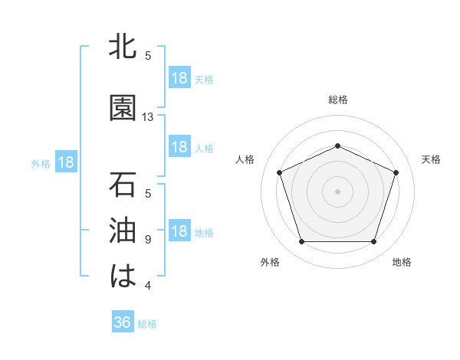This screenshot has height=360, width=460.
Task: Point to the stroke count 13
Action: click(x=148, y=117)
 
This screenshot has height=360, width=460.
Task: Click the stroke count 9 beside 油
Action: click(x=148, y=240)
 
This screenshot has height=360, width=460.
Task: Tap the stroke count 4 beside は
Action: click(x=148, y=286)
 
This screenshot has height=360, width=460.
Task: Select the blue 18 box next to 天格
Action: click(x=179, y=79)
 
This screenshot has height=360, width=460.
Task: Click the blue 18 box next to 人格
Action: click(x=179, y=147)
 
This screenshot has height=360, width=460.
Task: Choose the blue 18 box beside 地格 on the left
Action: click(x=179, y=232)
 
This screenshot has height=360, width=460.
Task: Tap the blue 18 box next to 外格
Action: click(x=65, y=163)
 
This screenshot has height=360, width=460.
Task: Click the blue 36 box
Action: click(x=123, y=322)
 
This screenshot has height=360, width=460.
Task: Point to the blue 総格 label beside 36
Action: click(x=147, y=324)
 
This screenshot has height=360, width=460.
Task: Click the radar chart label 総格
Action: click(x=337, y=100)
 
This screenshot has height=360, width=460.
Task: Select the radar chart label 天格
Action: click(x=432, y=159)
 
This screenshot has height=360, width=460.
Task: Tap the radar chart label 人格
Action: click(x=245, y=159)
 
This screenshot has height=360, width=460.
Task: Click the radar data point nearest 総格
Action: click(x=337, y=146)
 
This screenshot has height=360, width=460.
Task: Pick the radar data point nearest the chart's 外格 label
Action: click(x=301, y=242)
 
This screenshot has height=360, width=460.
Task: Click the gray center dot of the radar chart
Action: click(x=337, y=191)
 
